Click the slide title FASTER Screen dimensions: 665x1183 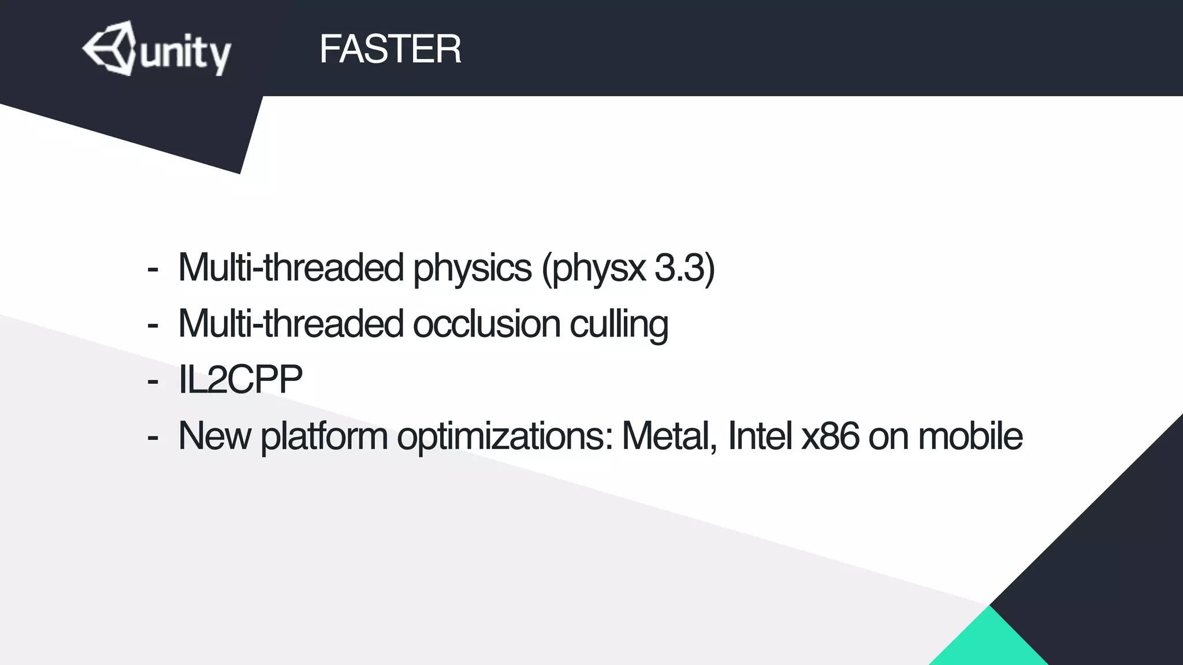pyautogui.click(x=390, y=49)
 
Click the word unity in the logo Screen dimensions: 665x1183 pyautogui.click(x=185, y=54)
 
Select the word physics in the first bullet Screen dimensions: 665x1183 pyautogui.click(x=472, y=268)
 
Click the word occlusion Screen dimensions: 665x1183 pyautogui.click(x=486, y=324)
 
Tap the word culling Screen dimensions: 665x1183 pyautogui.click(x=619, y=325)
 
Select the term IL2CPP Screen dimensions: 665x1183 pyautogui.click(x=240, y=380)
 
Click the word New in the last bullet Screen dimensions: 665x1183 pyautogui.click(x=214, y=436)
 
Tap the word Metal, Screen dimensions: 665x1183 pyautogui.click(x=669, y=436)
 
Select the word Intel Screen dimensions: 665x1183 pyautogui.click(x=760, y=436)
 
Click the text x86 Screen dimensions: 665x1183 pyautogui.click(x=831, y=436)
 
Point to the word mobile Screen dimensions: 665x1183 pyautogui.click(x=970, y=436)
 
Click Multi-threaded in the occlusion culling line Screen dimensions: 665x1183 pyautogui.click(x=291, y=324)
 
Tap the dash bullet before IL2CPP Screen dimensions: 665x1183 pyautogui.click(x=152, y=382)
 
